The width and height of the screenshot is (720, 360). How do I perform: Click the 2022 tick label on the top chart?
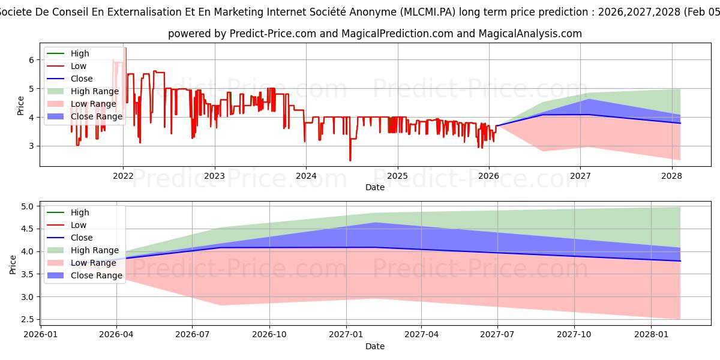(x=123, y=176)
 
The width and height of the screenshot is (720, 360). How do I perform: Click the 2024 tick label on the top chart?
(x=306, y=176)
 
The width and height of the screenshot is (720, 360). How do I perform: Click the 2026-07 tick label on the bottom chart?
(x=193, y=334)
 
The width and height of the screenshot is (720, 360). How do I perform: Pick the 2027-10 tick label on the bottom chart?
(x=575, y=334)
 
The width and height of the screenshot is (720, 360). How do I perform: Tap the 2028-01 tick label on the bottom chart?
(x=651, y=334)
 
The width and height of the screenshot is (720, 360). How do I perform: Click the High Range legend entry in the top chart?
(x=95, y=91)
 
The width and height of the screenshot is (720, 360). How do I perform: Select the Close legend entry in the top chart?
(x=82, y=79)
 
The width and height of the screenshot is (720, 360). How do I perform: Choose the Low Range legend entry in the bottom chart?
(x=94, y=263)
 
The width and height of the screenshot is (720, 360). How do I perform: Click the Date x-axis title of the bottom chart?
(x=375, y=346)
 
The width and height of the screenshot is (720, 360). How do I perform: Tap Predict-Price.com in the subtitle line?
(x=273, y=34)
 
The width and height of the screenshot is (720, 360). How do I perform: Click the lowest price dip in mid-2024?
(x=350, y=160)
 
